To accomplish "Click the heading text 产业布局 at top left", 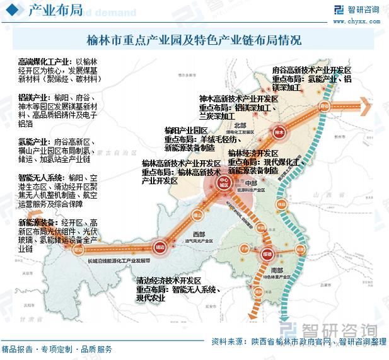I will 47,11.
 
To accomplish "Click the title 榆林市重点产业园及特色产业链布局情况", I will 194,40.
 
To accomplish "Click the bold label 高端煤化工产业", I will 42,62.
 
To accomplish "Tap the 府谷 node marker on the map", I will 325,106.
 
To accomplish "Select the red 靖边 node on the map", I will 160,247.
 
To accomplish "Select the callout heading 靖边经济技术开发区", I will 168,280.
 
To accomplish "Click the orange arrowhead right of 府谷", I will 364,105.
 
